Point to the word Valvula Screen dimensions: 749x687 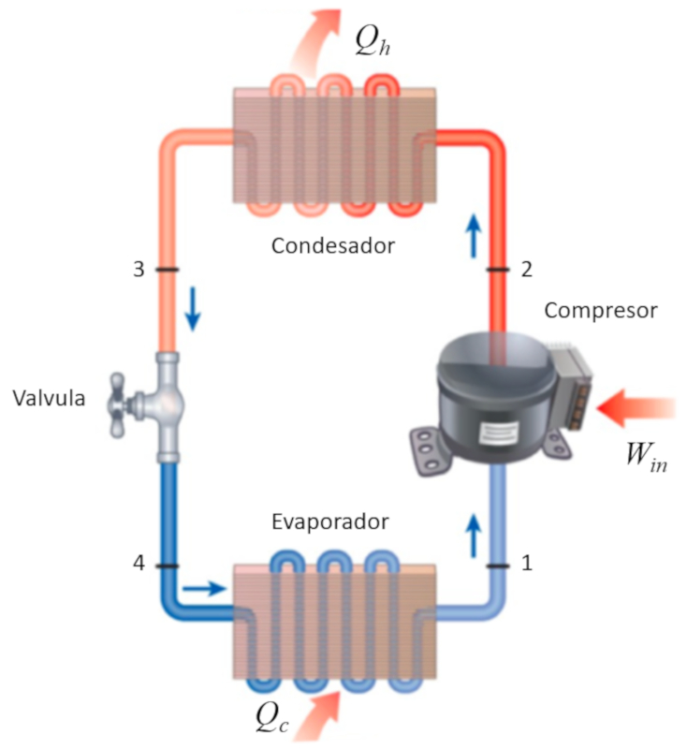pyautogui.click(x=50, y=399)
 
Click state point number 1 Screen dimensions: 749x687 pyautogui.click(x=526, y=564)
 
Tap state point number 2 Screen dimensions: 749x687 pyautogui.click(x=526, y=271)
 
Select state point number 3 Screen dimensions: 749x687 pyautogui.click(x=139, y=271)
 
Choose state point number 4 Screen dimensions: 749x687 pyautogui.click(x=139, y=565)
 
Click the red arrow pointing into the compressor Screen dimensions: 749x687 pyautogui.click(x=636, y=405)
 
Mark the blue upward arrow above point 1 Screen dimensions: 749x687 pyautogui.click(x=474, y=534)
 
